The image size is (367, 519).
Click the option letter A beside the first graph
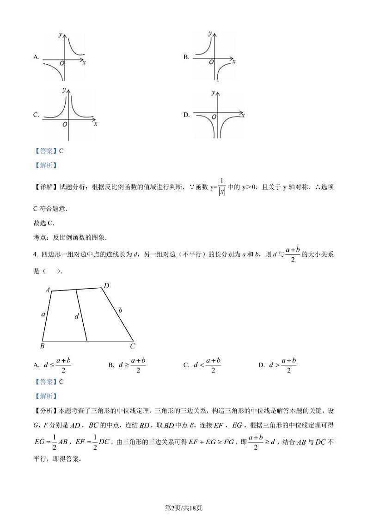pyautogui.click(x=36, y=58)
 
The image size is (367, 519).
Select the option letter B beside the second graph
pyautogui.click(x=186, y=58)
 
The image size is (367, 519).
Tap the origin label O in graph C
pyautogui.click(x=65, y=124)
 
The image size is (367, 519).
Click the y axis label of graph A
pyautogui.click(x=61, y=35)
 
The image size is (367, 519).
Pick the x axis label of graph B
pyautogui.click(x=234, y=61)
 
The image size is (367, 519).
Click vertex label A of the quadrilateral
pyautogui.click(x=47, y=290)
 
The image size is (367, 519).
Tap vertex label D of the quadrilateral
pyautogui.click(x=106, y=286)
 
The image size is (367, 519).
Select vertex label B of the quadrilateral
pyautogui.click(x=42, y=346)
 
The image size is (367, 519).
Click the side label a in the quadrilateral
pyautogui.click(x=43, y=314)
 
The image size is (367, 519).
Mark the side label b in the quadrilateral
pyautogui.click(x=120, y=310)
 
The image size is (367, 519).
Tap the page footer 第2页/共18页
pyautogui.click(x=183, y=508)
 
